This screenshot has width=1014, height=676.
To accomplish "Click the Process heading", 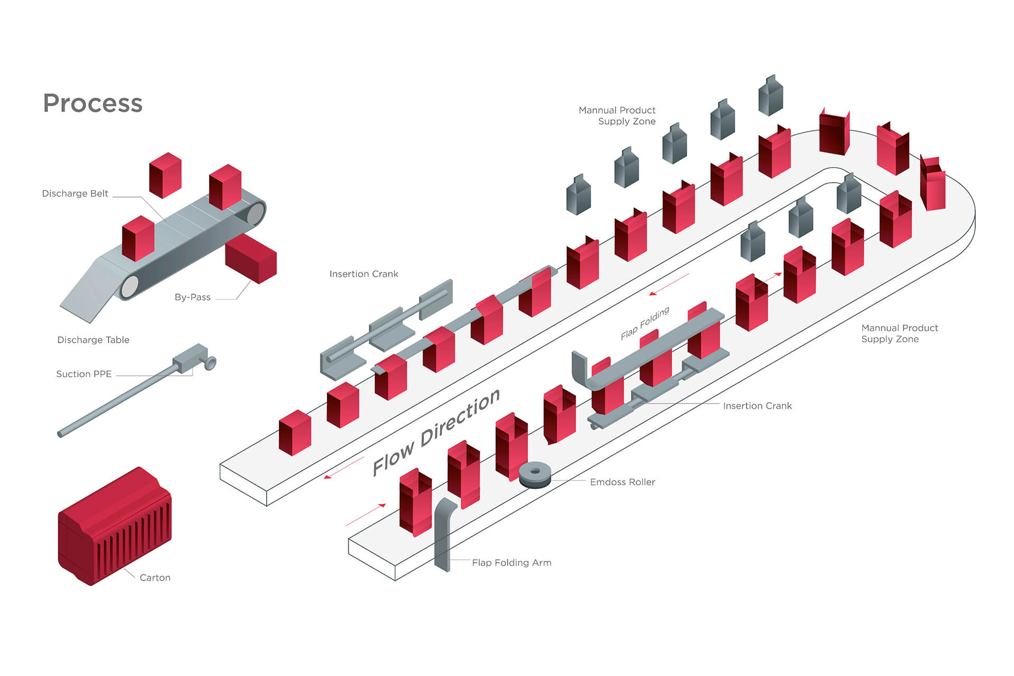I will [92, 103].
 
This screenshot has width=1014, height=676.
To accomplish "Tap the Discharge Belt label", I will [75, 194].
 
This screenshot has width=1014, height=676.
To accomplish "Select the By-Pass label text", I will [192, 297].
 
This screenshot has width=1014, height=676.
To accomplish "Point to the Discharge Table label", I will [93, 340].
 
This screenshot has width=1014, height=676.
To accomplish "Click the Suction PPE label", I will [84, 374].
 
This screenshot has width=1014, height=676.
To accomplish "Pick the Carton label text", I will [155, 578].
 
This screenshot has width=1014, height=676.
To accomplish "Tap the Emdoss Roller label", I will [622, 482].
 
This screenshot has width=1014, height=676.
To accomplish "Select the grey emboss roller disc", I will [535, 474].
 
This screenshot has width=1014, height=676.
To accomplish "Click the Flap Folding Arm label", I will [511, 563].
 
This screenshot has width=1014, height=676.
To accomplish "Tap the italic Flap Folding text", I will [645, 323].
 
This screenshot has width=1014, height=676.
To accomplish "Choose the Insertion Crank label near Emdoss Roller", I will [757, 406].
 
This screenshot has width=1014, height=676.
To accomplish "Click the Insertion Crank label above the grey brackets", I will [363, 274].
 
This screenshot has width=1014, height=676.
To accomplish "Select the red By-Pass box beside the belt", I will [251, 258].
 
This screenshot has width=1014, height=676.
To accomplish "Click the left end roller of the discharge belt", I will [129, 287].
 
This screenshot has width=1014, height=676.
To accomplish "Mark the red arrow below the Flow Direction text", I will [343, 468].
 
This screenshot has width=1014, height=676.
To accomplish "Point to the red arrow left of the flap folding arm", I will [365, 515].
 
